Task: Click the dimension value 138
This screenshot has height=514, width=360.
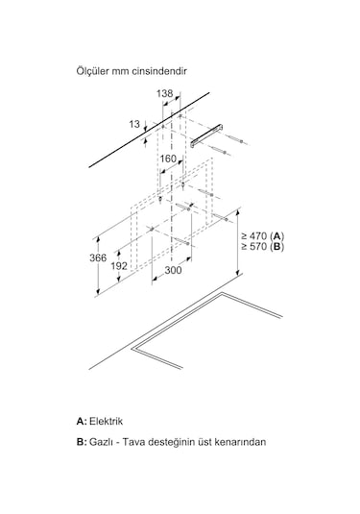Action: coord(164,93)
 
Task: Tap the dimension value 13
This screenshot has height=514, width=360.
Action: coord(133,124)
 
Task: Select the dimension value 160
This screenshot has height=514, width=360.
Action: coord(168,159)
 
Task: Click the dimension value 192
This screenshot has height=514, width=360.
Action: coord(120,266)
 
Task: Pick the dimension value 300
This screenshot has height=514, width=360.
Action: coord(173,271)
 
